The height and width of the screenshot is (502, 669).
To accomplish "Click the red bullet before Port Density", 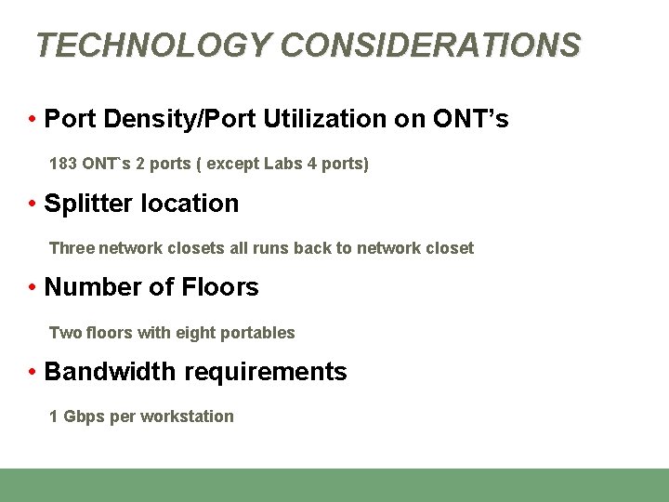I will point(32,119).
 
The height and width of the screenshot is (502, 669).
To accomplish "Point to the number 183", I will point(63,164).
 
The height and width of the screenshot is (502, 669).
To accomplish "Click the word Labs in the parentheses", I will point(283,164).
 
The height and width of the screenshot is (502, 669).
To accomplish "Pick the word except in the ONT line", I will point(232,164).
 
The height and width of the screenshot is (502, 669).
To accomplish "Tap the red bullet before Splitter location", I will point(32,204).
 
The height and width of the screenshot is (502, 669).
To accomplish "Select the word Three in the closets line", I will point(71,248).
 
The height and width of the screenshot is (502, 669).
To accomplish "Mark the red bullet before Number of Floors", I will point(32,287).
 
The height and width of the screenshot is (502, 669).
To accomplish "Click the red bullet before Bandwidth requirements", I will point(32,372).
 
